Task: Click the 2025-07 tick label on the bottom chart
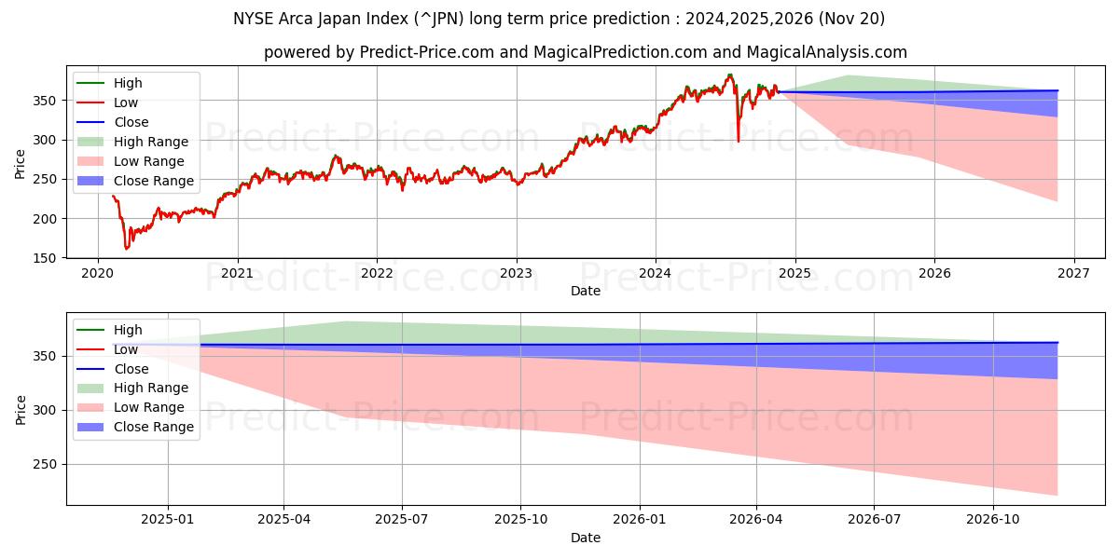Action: click(402, 519)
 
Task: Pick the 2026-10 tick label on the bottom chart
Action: click(993, 519)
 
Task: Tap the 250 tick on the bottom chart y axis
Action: click(48, 464)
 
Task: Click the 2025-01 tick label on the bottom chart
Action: click(168, 519)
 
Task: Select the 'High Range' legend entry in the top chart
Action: click(150, 142)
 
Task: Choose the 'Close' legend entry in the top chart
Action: click(131, 122)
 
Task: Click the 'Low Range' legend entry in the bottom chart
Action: click(148, 407)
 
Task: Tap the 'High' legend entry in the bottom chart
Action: click(128, 330)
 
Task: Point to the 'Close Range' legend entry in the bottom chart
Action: click(153, 427)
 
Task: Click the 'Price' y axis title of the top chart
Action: click(21, 163)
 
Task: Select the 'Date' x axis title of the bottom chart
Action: click(585, 538)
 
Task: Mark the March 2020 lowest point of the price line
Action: click(127, 249)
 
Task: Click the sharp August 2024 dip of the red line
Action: click(739, 141)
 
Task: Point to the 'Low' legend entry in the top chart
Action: click(126, 102)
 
